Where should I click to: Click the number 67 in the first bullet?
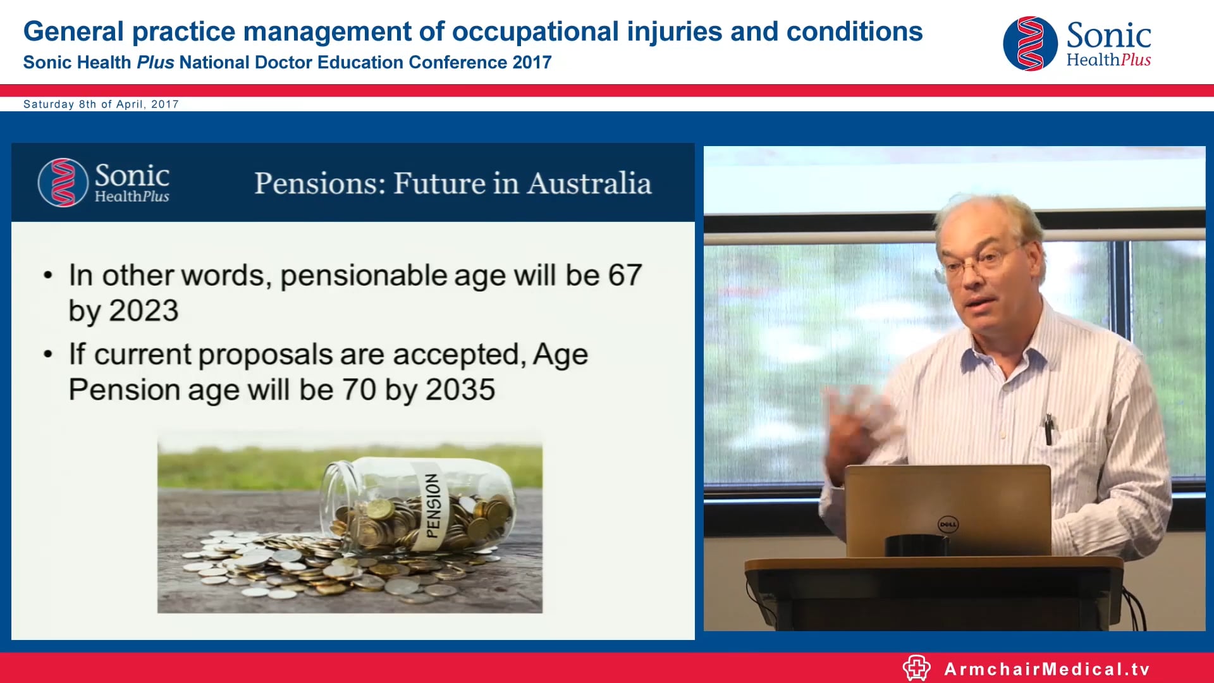625,276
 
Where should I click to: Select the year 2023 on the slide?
144,311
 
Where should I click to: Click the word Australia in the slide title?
589,183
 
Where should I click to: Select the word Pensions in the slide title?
319,183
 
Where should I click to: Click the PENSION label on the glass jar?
433,506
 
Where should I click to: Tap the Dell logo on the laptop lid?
948,524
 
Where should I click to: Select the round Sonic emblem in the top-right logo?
1030,44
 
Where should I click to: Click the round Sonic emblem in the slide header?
63,183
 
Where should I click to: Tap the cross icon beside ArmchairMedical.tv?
916,668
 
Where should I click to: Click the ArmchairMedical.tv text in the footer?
1047,669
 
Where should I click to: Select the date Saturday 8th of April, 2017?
101,104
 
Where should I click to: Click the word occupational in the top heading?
535,32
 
